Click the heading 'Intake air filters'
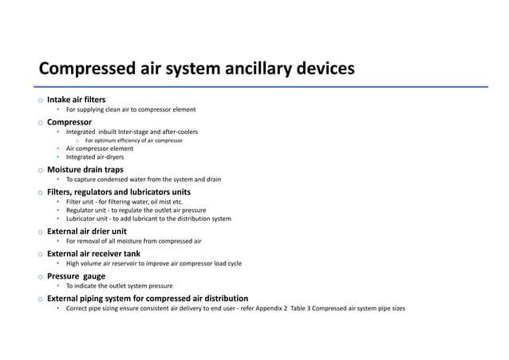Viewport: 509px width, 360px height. [x=77, y=100]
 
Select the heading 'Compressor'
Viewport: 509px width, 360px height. [x=69, y=122]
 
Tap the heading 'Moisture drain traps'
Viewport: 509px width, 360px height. [x=85, y=170]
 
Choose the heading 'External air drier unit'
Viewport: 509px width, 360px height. [x=87, y=231]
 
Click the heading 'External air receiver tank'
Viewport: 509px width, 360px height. [x=93, y=254]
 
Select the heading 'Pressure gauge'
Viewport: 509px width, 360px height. [x=77, y=276]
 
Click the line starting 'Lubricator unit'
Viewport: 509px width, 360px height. [x=148, y=219]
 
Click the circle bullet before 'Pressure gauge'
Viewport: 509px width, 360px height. [x=37, y=277]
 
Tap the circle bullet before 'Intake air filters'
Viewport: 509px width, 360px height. [x=37, y=101]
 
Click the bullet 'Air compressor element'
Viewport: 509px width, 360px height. [x=100, y=149]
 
